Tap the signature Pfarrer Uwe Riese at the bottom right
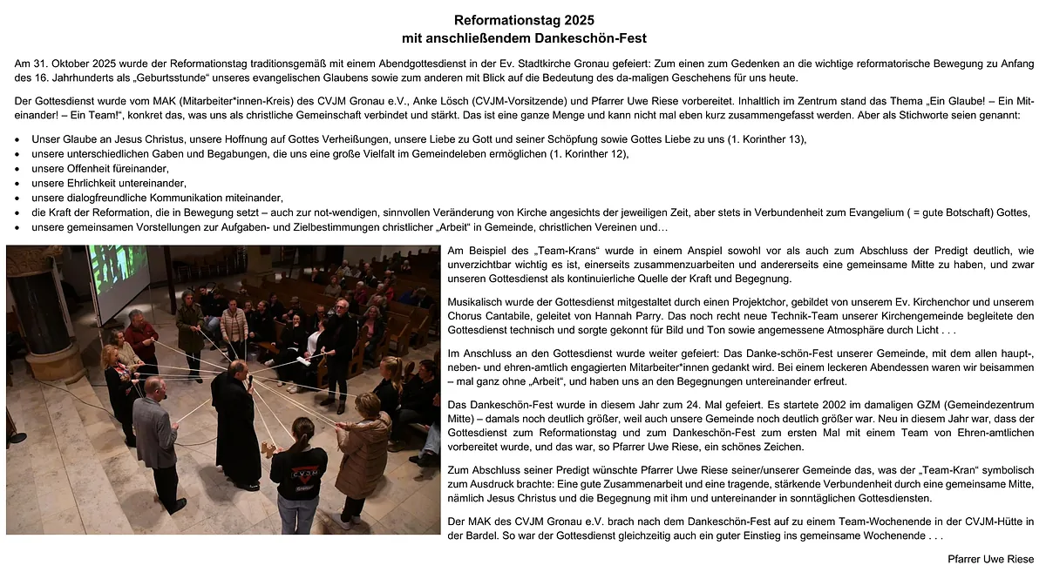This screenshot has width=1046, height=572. click(x=991, y=559)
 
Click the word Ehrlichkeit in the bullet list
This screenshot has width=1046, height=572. click(x=95, y=183)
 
